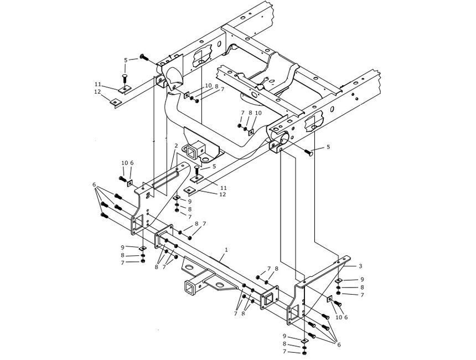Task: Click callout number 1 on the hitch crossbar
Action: click(x=226, y=250)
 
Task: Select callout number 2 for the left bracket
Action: click(x=176, y=146)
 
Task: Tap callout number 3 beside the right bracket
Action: click(x=360, y=266)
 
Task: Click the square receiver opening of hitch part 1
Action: click(x=190, y=286)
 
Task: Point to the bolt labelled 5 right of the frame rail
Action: click(x=309, y=152)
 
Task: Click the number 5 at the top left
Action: click(x=126, y=60)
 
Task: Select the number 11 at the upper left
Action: click(x=97, y=84)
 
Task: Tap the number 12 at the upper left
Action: click(x=97, y=91)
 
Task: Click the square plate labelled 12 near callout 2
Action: click(x=189, y=192)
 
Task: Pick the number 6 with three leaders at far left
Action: click(x=94, y=184)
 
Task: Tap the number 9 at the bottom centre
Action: click(x=286, y=336)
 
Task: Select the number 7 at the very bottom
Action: click(x=286, y=352)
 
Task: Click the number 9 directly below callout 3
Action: click(x=361, y=280)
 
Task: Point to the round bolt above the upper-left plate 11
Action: click(x=124, y=76)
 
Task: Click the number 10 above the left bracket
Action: click(x=124, y=163)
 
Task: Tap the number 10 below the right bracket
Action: click(x=338, y=317)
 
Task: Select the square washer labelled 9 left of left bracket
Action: click(x=142, y=248)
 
